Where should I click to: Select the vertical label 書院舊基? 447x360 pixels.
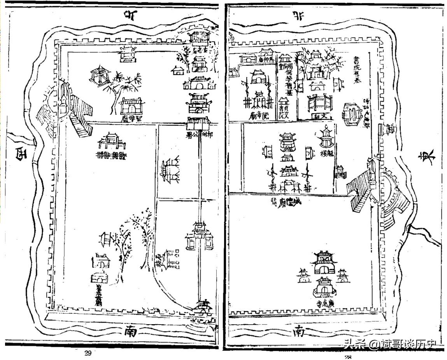point(355,70)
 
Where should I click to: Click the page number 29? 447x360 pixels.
point(88,353)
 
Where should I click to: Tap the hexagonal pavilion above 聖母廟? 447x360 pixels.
point(99,76)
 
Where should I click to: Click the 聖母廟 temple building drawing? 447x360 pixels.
point(131,105)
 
